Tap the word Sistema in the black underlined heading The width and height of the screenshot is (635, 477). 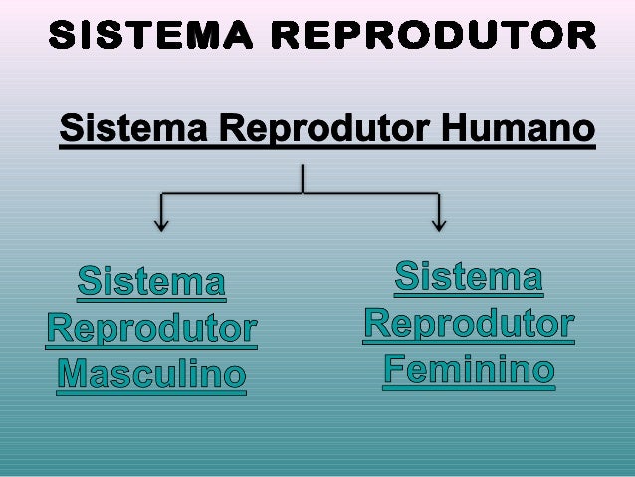pos(133,130)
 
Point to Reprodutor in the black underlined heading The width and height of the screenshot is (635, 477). pos(322,130)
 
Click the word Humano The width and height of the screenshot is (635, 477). pos(518,130)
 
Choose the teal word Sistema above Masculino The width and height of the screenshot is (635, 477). pos(151,282)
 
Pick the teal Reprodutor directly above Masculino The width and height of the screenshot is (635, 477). pos(151,328)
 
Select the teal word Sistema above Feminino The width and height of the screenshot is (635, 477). pos(469,276)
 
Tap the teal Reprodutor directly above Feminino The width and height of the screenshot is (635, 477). pos(469,323)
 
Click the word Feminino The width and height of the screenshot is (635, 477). pos(469,369)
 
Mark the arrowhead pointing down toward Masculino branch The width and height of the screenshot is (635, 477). pos(160,224)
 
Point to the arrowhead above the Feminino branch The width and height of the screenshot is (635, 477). pos(439,224)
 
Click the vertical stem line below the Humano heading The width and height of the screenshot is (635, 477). pos(302,177)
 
